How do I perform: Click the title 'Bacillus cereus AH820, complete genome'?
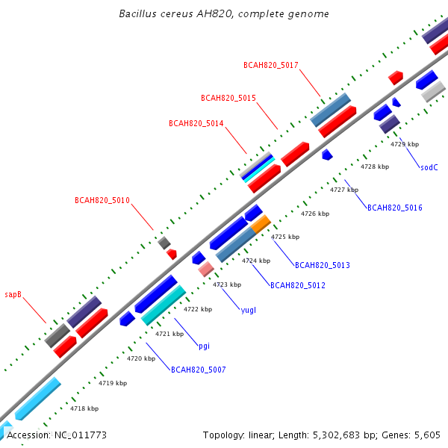[224, 13]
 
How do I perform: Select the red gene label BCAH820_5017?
[271, 66]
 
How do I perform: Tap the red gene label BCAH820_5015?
[228, 98]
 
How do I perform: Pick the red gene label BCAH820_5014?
[196, 123]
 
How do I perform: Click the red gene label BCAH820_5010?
[102, 200]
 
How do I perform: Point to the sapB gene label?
[13, 295]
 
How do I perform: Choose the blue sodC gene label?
[429, 167]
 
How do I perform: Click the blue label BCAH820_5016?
[394, 208]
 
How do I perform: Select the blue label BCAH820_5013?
[323, 265]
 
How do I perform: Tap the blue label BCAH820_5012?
[298, 285]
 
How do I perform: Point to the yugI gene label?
[249, 311]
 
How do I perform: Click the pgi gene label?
[204, 346]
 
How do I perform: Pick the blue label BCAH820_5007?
[199, 370]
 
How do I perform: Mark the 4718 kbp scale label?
[84, 408]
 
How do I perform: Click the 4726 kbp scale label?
[315, 214]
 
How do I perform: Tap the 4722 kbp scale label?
[198, 309]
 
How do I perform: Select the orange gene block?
[261, 224]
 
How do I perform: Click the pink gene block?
[206, 269]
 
